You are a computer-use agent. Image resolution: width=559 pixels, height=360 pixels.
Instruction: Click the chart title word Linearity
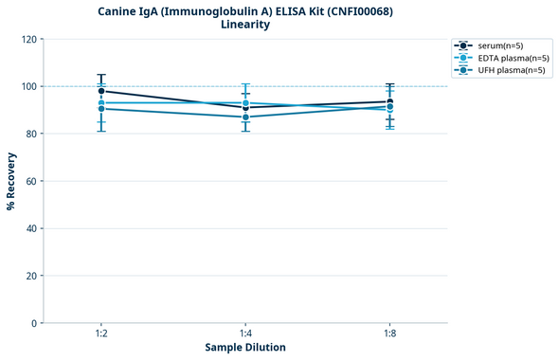point(245,25)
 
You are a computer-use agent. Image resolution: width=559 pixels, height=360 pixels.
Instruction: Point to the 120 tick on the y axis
point(29,39)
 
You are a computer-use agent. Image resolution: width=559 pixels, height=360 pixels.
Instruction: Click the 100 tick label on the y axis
point(29,86)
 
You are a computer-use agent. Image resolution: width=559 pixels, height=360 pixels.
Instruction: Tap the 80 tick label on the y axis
point(32,134)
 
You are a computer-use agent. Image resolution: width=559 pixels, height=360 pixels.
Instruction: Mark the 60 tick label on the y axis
point(32,181)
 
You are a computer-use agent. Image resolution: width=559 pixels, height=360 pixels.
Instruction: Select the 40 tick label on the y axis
point(32,228)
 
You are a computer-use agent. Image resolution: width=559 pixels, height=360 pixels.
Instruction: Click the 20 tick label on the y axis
point(32,276)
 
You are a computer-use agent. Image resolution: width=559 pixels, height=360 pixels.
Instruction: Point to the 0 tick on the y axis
point(35,323)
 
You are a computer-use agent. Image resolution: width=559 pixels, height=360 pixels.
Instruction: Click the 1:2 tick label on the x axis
point(101,334)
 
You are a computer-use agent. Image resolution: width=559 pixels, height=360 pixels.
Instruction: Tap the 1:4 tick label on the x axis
point(245,334)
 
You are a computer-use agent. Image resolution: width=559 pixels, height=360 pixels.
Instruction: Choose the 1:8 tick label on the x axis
point(389,334)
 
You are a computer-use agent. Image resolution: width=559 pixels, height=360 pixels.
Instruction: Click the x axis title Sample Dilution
point(245,348)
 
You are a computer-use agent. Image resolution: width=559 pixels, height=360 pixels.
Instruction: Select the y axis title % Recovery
point(11,181)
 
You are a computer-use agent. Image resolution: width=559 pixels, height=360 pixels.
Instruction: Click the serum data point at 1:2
point(101,91)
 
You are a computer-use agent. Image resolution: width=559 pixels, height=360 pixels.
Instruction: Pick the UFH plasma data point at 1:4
point(245,117)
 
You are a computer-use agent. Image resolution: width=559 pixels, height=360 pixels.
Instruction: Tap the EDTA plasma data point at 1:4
point(245,103)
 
